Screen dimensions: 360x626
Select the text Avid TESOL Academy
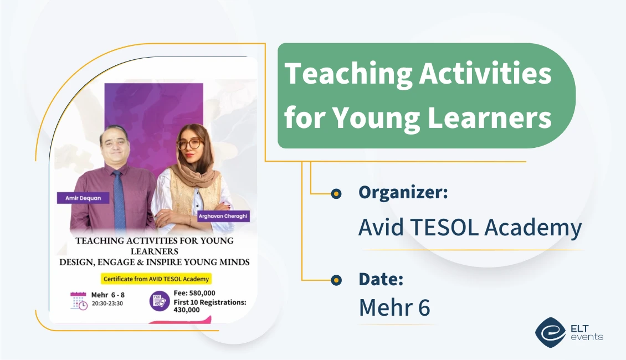(x=470, y=228)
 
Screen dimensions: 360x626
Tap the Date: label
(x=381, y=279)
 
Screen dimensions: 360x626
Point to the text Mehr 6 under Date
(x=394, y=308)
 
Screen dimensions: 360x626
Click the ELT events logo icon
(x=550, y=332)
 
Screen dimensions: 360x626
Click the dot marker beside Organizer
(x=336, y=194)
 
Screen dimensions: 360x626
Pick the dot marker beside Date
(x=336, y=280)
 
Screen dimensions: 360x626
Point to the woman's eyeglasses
(x=189, y=143)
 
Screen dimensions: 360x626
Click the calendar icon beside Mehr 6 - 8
(x=79, y=300)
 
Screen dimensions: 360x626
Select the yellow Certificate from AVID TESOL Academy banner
(x=156, y=279)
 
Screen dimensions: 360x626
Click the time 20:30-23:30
(x=107, y=304)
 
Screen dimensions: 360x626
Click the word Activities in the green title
(x=485, y=74)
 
